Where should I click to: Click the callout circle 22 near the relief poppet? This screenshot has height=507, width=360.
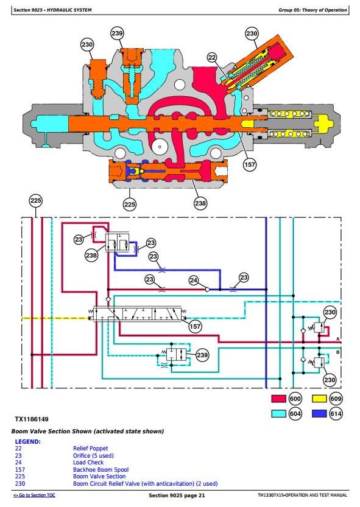point(212,58)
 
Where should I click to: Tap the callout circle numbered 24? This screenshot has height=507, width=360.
point(194,281)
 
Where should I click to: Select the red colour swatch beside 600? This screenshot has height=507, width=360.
point(279,399)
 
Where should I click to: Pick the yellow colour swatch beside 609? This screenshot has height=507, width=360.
point(319,399)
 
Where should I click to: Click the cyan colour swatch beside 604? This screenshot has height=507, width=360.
point(279,413)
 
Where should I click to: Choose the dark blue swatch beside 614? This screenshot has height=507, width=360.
point(319,413)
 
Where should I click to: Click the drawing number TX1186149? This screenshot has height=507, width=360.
point(32,419)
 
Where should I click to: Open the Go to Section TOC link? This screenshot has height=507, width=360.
point(34,495)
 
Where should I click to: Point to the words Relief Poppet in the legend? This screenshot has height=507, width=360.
point(90,448)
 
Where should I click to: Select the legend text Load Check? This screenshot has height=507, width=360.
point(88,463)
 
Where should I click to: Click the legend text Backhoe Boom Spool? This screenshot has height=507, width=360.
point(101,469)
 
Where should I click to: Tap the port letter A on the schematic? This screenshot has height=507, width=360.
point(337,338)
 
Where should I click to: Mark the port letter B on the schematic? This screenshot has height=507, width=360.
point(337,352)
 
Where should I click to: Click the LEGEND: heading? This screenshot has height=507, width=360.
point(28,441)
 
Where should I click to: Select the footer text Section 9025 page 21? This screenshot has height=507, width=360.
point(177,495)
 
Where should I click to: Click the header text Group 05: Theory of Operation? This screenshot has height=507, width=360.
point(312,10)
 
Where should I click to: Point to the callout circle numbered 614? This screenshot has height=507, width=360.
point(336,413)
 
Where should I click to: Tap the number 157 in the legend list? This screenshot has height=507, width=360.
point(19,469)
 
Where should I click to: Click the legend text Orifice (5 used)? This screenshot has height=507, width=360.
point(93,456)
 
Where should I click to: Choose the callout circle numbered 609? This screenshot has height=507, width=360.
point(336,399)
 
